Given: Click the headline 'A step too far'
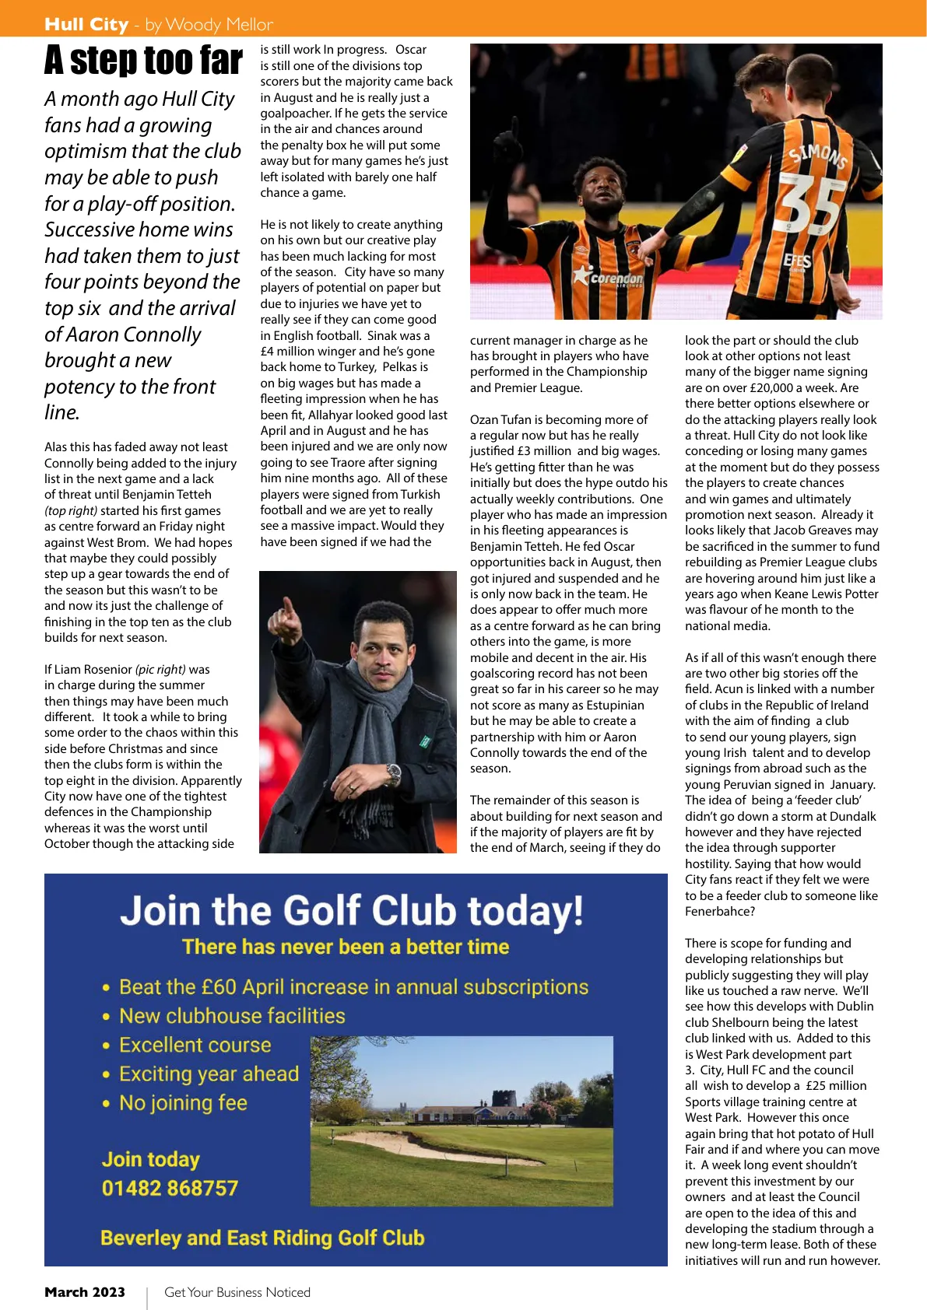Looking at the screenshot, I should click(x=143, y=61).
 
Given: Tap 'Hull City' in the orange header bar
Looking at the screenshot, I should click(x=86, y=24).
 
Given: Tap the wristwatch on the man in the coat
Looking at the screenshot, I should click(x=394, y=774).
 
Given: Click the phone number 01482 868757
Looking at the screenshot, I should click(x=170, y=1188).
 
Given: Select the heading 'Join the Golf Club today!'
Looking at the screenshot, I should click(x=351, y=911).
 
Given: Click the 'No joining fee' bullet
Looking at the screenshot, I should click(x=183, y=1102).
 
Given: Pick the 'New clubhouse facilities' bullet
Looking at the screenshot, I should click(x=232, y=1016).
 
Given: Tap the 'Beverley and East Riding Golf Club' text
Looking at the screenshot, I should click(x=262, y=1238).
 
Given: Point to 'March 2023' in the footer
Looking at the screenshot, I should click(x=85, y=1292).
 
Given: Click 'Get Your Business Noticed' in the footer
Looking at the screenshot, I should click(x=237, y=1292).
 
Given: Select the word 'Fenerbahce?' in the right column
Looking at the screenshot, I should click(x=720, y=912).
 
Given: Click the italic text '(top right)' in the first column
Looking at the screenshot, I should click(x=71, y=511).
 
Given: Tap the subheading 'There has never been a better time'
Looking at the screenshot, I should click(x=346, y=947).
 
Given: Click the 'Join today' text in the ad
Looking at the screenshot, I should click(x=150, y=1159).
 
